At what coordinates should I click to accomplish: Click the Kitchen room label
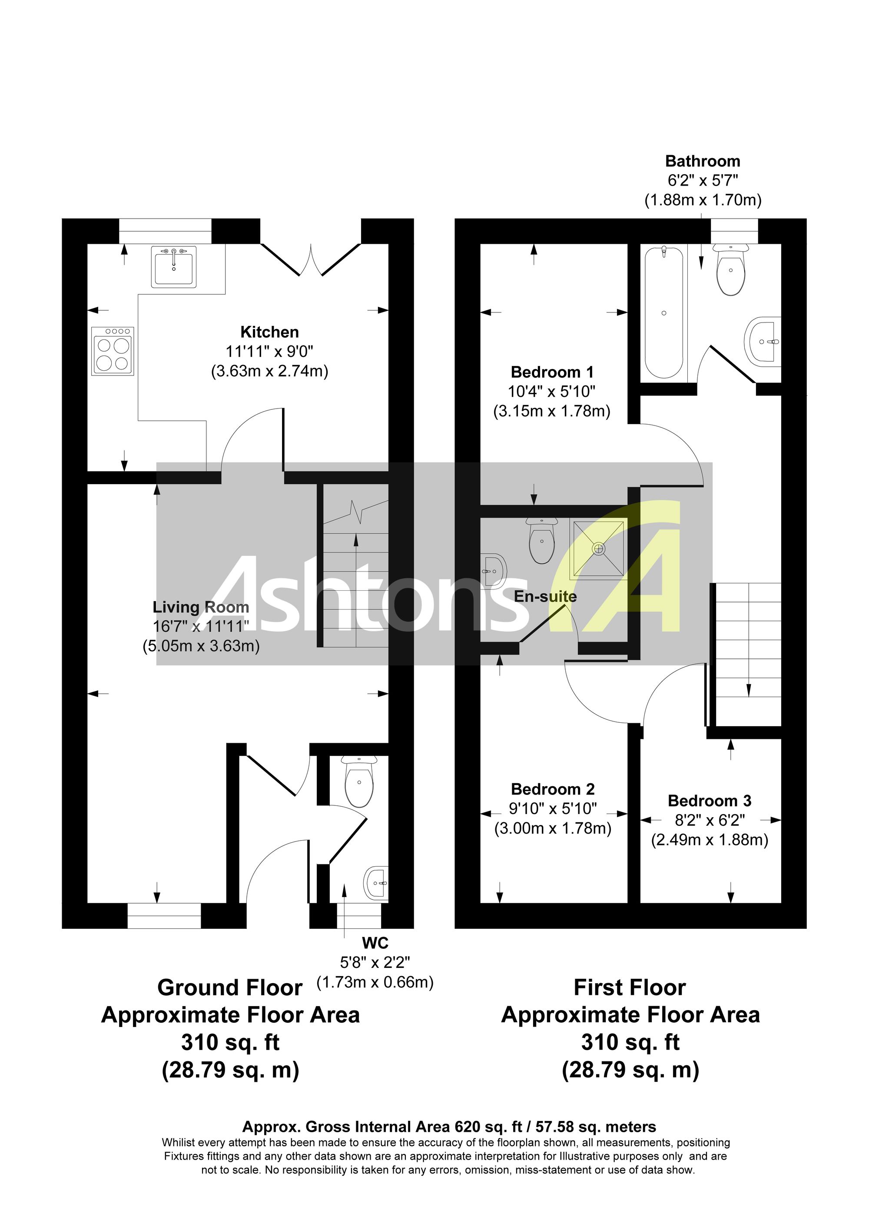(269, 332)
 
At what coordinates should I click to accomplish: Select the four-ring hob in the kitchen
(113, 351)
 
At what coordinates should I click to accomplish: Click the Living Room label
(201, 607)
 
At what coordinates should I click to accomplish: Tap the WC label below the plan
(375, 943)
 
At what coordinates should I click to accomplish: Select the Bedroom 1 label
(552, 372)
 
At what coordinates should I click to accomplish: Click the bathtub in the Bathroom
(664, 312)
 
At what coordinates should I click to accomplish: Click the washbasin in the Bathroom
(763, 341)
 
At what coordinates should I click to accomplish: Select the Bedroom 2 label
(553, 789)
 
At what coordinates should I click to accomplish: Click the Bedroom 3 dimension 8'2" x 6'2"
(710, 820)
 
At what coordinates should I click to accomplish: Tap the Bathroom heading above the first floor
(703, 161)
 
